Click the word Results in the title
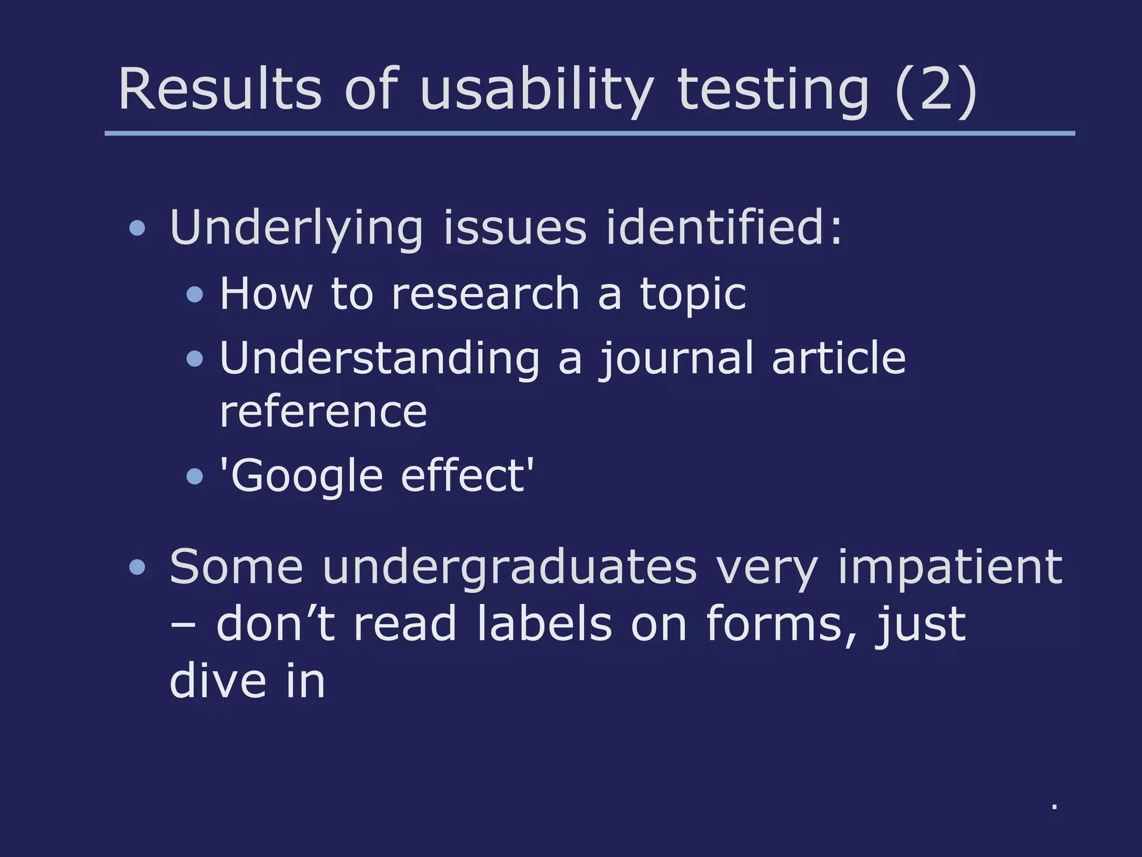click(220, 89)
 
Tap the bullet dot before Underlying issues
click(137, 228)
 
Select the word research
click(485, 293)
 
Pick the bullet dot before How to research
click(195, 294)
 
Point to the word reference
click(323, 412)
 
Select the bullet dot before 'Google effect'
click(195, 476)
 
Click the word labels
click(544, 624)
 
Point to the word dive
click(218, 681)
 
